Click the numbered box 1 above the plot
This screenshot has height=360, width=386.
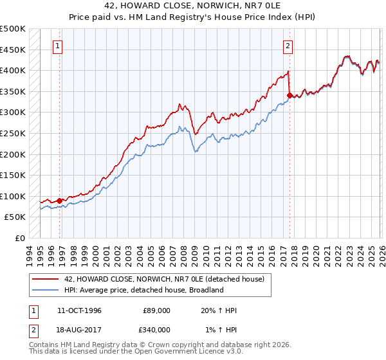pyautogui.click(x=59, y=46)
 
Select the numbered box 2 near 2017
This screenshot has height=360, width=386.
pyautogui.click(x=288, y=46)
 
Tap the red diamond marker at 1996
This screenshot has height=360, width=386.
pyautogui.click(x=60, y=201)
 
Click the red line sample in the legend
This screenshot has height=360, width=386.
pyautogui.click(x=46, y=278)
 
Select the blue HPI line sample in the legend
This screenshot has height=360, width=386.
pyautogui.click(x=46, y=290)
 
